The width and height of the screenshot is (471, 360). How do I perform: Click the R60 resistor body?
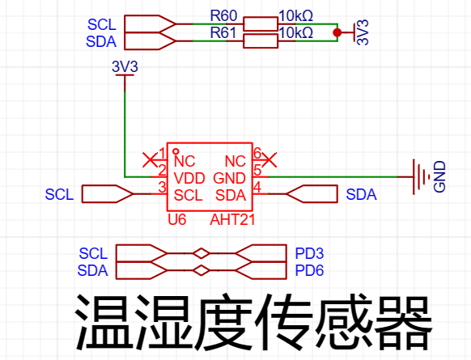[x=261, y=24]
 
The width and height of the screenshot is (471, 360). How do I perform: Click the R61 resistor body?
[x=261, y=41]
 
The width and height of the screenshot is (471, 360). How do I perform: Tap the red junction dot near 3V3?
[x=337, y=32]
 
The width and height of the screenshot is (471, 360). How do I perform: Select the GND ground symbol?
[x=421, y=177]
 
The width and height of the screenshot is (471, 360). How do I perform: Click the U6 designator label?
[x=177, y=220]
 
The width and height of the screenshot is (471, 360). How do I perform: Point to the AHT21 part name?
[x=232, y=220]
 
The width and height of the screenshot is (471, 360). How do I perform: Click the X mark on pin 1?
[x=150, y=159]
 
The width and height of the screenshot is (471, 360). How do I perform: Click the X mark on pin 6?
[x=269, y=159]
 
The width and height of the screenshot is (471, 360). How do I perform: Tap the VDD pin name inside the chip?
[x=189, y=179]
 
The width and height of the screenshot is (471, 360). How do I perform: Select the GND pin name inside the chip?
[x=230, y=179]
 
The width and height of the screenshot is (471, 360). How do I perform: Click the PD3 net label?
[x=309, y=254]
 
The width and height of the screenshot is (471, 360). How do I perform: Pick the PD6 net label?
[x=309, y=270]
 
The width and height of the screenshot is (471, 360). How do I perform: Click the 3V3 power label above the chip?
[x=125, y=66]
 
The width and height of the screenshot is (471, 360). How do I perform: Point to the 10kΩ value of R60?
[x=296, y=15]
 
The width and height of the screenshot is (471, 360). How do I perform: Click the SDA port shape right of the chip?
[x=312, y=194]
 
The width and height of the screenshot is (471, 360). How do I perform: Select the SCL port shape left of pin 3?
[x=108, y=194]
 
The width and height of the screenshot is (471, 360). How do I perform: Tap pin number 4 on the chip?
[x=257, y=188]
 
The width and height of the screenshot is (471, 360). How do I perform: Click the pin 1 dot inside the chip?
[x=176, y=151]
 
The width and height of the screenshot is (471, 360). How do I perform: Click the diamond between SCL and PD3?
[x=201, y=253]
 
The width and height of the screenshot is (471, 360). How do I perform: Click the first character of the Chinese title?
[x=104, y=322]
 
